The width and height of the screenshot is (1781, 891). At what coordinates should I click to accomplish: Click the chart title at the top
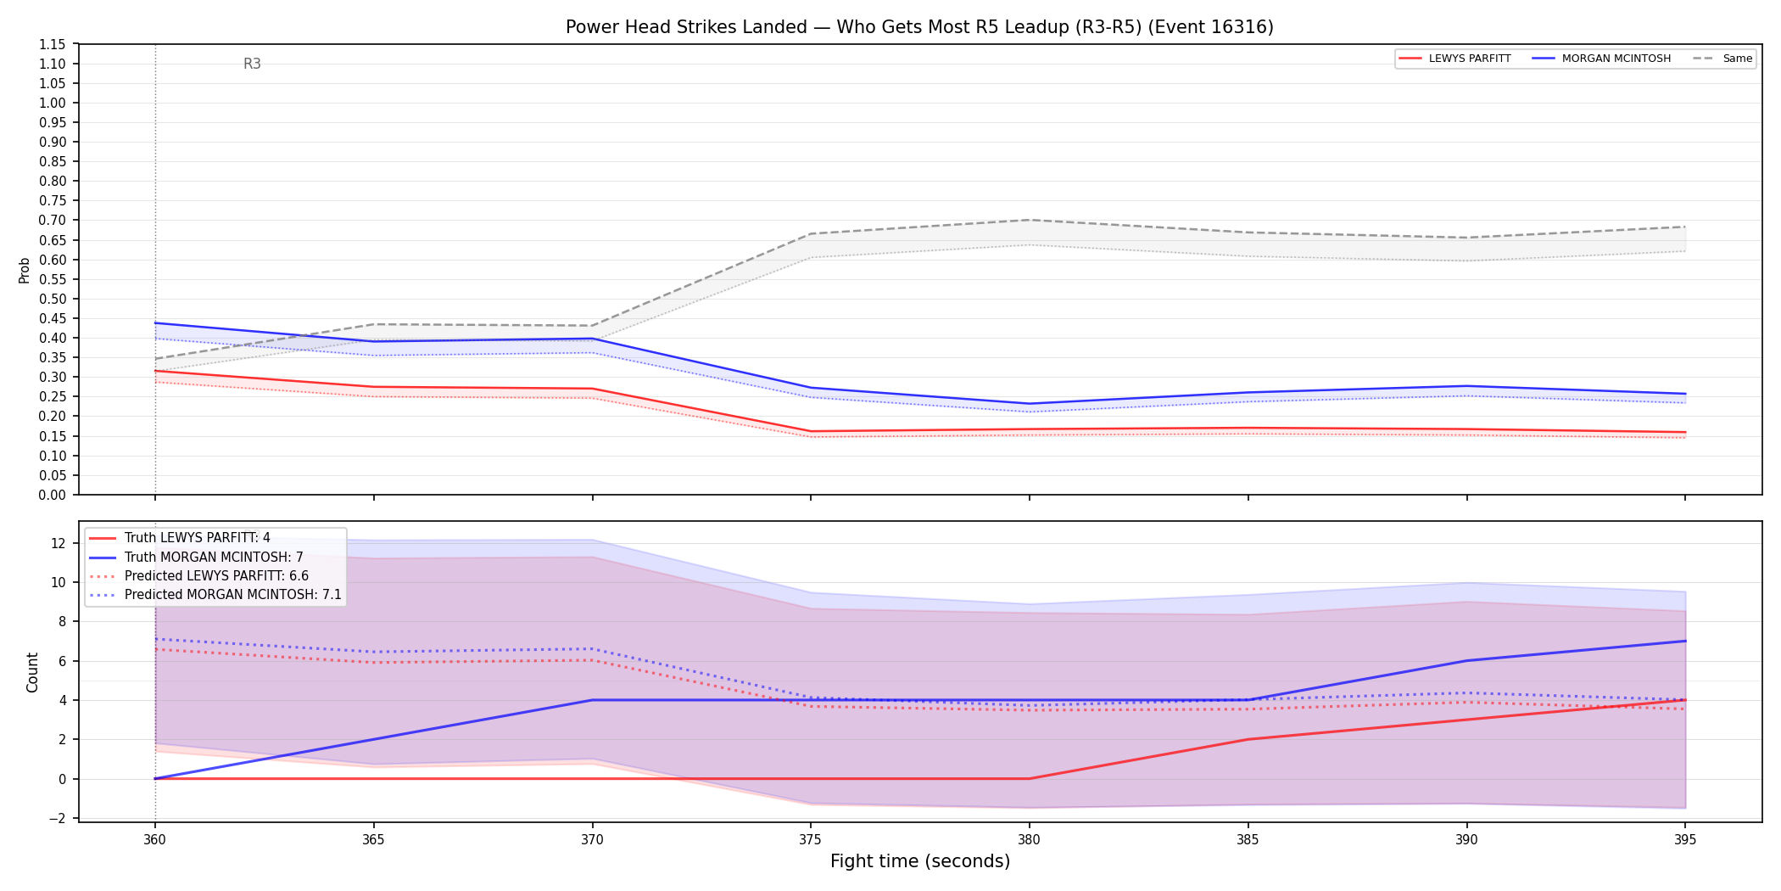point(919,27)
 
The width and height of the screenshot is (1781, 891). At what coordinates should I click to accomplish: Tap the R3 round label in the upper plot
point(252,64)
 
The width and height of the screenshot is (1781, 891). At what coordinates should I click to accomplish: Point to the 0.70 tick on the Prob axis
point(53,221)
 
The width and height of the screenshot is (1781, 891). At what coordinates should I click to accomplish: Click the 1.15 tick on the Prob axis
point(53,44)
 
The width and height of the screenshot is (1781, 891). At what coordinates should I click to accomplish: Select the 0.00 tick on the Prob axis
point(53,495)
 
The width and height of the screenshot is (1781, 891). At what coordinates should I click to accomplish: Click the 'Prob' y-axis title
point(25,270)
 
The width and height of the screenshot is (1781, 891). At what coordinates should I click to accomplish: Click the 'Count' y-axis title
point(33,672)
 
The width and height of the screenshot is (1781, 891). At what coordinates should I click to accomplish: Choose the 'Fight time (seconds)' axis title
point(920,861)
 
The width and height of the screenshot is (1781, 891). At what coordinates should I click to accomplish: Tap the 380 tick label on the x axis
point(1029,839)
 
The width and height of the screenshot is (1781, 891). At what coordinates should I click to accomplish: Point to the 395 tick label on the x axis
point(1685,839)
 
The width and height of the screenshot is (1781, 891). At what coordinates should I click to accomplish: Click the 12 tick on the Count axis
point(59,543)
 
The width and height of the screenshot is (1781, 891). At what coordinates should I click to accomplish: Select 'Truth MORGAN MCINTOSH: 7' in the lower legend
point(214,558)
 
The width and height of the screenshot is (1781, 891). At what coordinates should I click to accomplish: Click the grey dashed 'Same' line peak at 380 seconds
point(1029,220)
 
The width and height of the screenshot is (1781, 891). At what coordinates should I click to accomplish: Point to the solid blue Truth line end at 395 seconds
point(1685,641)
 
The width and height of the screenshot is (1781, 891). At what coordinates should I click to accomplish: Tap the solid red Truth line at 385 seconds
point(1248,739)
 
